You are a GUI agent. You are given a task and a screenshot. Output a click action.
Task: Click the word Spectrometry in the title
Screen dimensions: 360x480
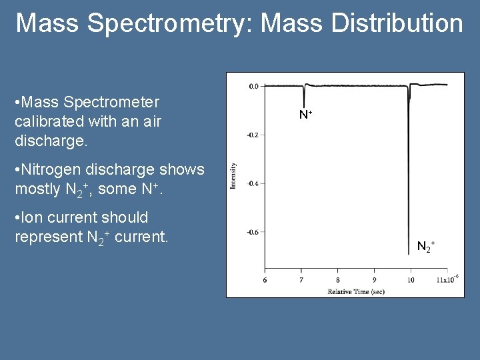(170, 23)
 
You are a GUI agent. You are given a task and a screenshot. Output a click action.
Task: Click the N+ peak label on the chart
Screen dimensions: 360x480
(305, 115)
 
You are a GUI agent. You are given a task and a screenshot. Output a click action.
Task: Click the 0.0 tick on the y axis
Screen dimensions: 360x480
(253, 87)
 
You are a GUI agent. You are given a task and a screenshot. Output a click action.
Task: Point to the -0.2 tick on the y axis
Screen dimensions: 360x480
(252, 135)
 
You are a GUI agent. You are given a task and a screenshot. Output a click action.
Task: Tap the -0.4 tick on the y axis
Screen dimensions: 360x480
(252, 183)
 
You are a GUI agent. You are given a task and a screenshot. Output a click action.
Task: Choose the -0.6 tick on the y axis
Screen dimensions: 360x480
(252, 233)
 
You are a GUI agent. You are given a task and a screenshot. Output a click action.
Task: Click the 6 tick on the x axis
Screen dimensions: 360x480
(265, 280)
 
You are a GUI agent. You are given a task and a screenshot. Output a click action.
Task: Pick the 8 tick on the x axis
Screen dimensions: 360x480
(337, 280)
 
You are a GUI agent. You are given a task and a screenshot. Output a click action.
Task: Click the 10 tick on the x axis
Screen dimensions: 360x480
(410, 280)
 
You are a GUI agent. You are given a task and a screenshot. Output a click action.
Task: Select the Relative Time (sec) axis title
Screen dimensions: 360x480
(355, 292)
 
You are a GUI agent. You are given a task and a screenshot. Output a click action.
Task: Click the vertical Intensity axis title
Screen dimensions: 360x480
(233, 175)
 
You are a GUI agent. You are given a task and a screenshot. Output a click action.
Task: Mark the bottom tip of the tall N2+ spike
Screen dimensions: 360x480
(408, 255)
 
